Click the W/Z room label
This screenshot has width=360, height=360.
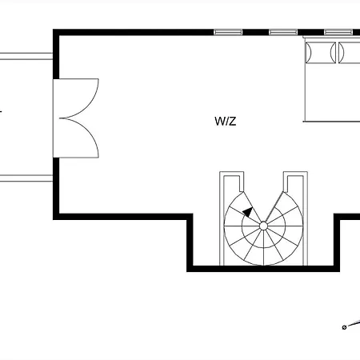pos(226,121)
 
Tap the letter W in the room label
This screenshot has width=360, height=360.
pos(219,121)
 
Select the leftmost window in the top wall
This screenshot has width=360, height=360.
pos(228,32)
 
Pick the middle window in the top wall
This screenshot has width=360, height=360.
pos(283,32)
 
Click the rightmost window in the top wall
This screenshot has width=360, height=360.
pos(338,32)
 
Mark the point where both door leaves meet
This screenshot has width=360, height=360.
pos(60,118)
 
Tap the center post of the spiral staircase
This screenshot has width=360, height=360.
pos(263,226)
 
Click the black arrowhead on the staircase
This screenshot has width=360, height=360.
pos(248,212)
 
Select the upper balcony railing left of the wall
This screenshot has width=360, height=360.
pos(26,56)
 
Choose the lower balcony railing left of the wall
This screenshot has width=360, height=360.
pos(26,178)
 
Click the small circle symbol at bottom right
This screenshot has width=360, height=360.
pos(344,327)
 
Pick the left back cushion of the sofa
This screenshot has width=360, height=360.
pos(321,52)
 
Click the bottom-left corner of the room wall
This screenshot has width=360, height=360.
pos(56,217)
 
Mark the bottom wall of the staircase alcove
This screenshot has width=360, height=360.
pos(263,269)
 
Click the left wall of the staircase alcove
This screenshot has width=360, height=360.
pos(190,242)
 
